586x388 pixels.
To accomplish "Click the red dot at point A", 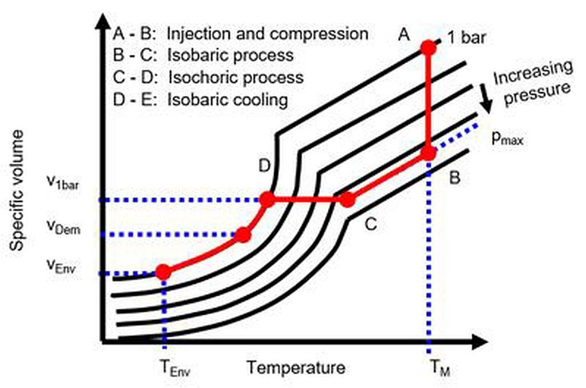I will coord(429,48).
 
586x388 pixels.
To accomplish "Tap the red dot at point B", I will coord(429,153).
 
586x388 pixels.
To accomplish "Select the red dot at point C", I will coord(347,200).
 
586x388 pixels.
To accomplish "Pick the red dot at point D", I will coord(267,200).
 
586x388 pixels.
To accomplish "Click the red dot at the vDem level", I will coord(243,235).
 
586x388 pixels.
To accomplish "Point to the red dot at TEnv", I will coord(164,272).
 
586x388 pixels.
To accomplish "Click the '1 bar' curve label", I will coord(467,38).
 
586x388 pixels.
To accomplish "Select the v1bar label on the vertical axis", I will coord(63,182).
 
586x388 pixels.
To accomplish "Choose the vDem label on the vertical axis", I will coord(63,227).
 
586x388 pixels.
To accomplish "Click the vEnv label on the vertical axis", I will coord(61,266).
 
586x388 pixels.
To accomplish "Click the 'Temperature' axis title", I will coord(296,367).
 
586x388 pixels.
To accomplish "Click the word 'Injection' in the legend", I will coord(199,34).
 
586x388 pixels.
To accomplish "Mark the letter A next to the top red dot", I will coord(404,34).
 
